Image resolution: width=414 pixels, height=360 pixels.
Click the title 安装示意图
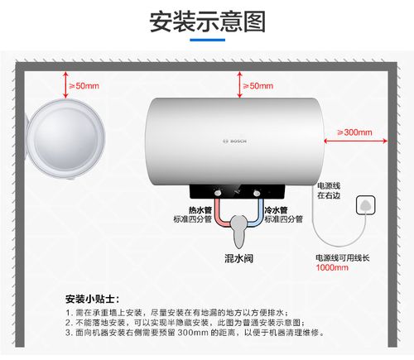pos(206,21)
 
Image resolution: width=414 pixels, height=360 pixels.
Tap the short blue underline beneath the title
pos(206,39)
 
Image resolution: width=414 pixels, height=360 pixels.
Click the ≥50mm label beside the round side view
pos(83,85)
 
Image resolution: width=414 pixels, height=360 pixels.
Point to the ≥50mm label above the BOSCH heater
pos(257,85)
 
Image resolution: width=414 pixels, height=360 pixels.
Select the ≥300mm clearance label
pos(354,132)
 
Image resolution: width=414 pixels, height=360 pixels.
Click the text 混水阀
pos(238,258)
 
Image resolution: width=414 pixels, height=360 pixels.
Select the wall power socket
pos(363,204)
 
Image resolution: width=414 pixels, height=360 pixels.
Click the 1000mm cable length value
pos(332,268)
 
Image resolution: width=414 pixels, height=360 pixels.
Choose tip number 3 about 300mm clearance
pos(195,333)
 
